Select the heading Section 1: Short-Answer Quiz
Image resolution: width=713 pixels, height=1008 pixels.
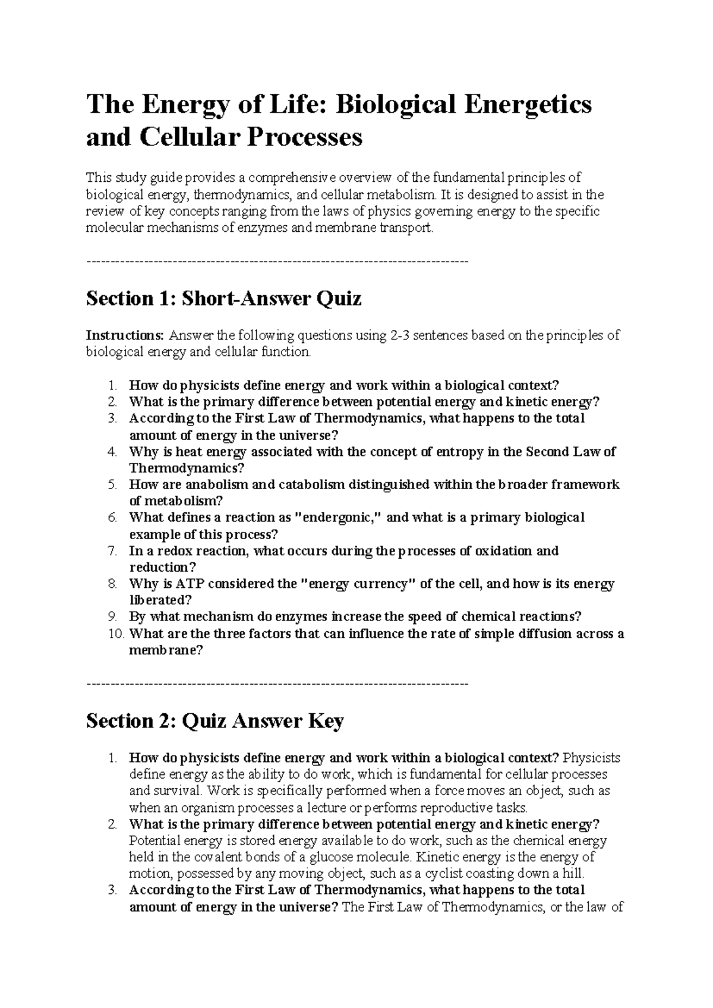pyautogui.click(x=223, y=298)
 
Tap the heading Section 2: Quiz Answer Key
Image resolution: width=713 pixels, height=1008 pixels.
pyautogui.click(x=214, y=721)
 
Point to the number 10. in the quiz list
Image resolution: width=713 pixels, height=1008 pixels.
pyautogui.click(x=117, y=634)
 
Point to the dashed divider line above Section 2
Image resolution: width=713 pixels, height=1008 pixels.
pyautogui.click(x=277, y=684)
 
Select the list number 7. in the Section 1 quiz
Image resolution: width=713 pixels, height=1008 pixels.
pyautogui.click(x=113, y=551)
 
